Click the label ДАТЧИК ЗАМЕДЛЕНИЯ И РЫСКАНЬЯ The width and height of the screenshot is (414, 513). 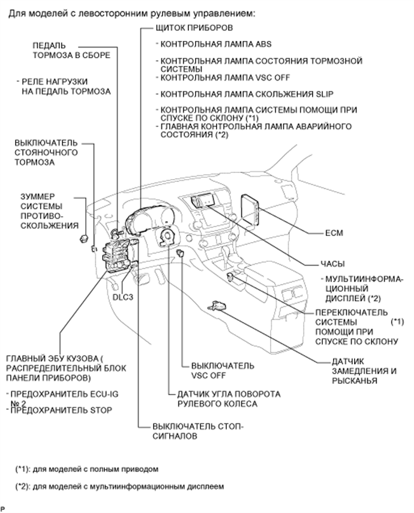tap(364, 371)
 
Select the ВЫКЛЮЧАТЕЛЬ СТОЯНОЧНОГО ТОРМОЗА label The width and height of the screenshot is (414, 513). tap(47, 153)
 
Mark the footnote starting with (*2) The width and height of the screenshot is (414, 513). tap(119, 487)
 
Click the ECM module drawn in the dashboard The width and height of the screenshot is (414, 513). tap(250, 207)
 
